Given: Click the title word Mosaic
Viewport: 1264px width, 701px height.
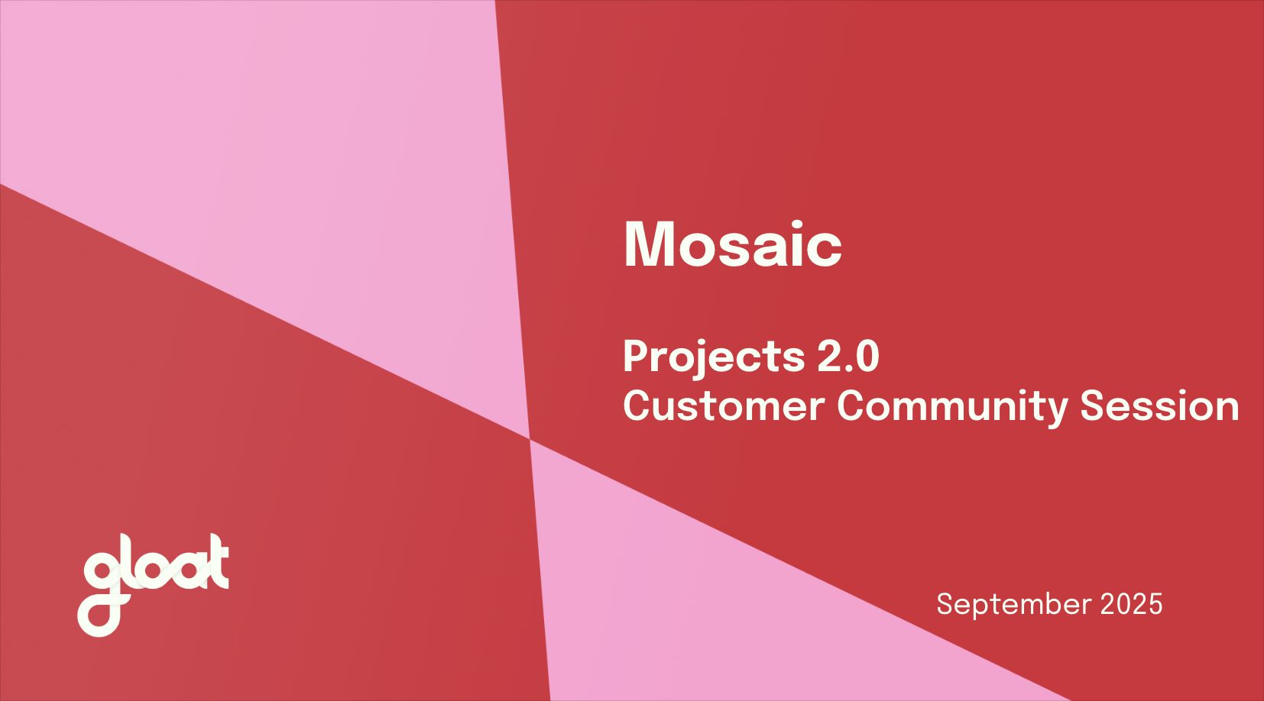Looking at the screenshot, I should [732, 244].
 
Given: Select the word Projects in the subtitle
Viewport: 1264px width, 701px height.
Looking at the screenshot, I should [713, 357].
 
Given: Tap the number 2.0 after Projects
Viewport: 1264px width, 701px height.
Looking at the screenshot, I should [848, 357].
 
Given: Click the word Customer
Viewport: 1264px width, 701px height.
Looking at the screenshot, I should [723, 405].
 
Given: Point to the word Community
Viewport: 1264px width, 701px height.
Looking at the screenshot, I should [951, 405].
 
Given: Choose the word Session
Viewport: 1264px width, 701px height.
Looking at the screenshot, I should [1159, 405].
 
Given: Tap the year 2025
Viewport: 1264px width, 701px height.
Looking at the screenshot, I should [1131, 604].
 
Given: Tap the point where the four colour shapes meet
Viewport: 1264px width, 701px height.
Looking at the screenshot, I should [530, 439].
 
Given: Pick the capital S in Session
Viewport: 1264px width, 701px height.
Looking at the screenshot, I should [1094, 405].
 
